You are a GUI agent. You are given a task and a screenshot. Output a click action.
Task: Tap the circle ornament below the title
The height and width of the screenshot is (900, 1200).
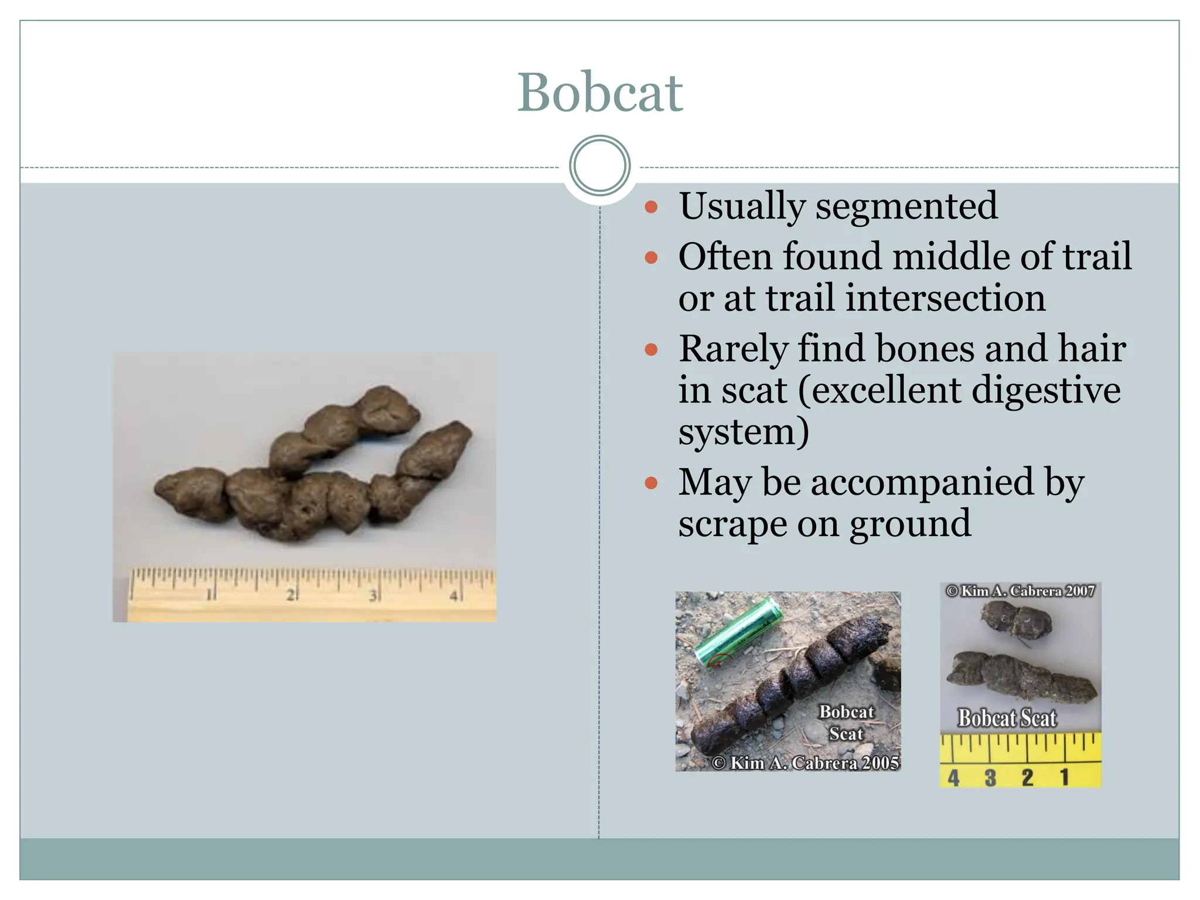click(x=599, y=166)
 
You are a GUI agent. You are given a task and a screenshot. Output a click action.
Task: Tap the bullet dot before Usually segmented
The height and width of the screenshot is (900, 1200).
click(x=651, y=207)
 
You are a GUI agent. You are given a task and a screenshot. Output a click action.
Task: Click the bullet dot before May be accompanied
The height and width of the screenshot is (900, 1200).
click(x=651, y=483)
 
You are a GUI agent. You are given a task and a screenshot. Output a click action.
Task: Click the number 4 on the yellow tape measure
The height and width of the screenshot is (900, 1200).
click(x=953, y=778)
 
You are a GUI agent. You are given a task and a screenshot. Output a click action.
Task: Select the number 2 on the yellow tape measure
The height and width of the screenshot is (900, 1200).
click(x=1027, y=778)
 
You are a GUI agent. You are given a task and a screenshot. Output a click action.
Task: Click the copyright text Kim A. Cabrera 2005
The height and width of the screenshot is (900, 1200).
click(x=806, y=762)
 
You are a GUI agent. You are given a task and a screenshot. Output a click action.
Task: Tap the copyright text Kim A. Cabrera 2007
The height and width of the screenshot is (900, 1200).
click(x=1020, y=591)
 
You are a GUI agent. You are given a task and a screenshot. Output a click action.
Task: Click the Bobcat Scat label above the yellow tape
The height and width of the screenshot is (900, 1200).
click(x=1007, y=718)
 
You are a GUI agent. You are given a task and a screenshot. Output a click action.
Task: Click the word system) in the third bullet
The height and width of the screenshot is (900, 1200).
click(x=744, y=432)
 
